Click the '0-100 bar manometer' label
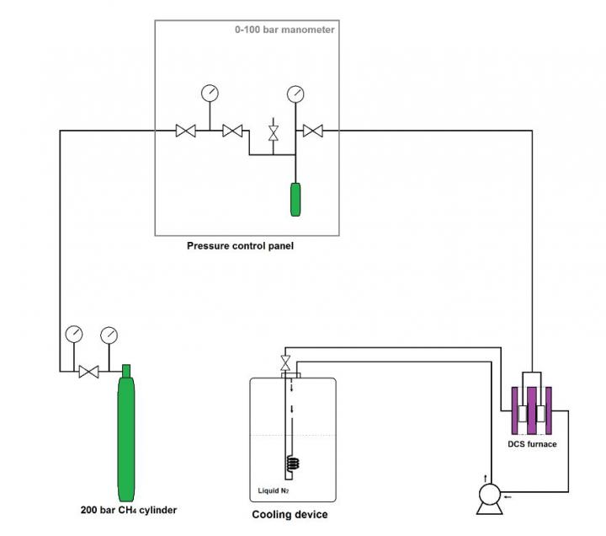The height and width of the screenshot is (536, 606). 284,30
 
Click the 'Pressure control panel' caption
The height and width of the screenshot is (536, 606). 240,247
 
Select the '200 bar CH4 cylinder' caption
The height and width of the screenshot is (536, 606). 129,510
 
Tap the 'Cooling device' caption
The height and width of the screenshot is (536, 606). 290,514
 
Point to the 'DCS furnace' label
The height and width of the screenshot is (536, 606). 531,444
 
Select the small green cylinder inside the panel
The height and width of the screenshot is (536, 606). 295,199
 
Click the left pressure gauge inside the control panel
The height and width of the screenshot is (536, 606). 209,92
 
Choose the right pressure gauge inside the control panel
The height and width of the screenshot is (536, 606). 295,92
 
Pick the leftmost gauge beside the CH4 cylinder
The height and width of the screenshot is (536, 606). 74,334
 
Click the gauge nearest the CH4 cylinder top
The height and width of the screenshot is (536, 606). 108,334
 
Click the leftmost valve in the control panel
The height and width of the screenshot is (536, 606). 185,131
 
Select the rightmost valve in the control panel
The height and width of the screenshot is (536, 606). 314,131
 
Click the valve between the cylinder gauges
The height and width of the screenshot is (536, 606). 88,371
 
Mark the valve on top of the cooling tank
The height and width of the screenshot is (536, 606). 287,363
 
